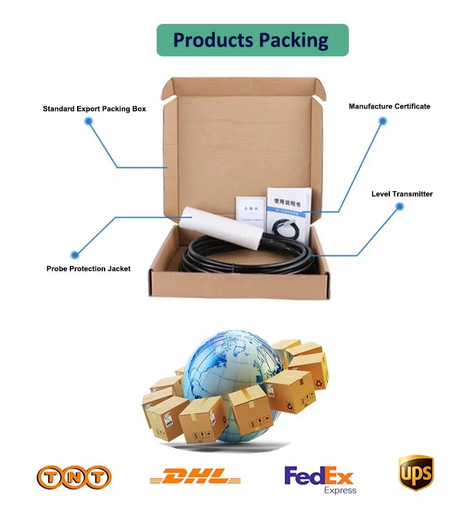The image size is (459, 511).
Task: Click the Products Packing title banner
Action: [x=252, y=40]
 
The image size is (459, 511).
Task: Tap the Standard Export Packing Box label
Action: [x=94, y=109]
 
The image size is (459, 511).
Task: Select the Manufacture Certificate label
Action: [x=389, y=107]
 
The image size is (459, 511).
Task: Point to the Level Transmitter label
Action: [x=401, y=194]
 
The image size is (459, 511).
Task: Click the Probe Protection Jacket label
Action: [x=88, y=268]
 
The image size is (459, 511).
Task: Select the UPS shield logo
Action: [x=416, y=474]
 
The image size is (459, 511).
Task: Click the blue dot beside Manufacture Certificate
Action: [x=382, y=121]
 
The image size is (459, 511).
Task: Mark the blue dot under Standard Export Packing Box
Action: [x=89, y=121]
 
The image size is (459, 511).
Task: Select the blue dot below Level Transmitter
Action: [x=400, y=206]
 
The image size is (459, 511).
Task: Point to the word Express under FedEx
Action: [x=340, y=490]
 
